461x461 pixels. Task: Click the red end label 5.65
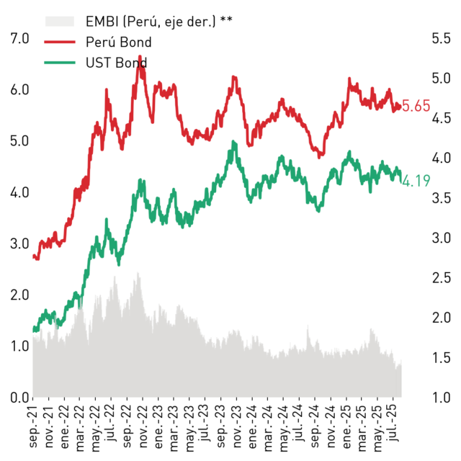416,106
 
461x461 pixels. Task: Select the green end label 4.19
416,181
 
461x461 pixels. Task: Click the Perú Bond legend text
118,42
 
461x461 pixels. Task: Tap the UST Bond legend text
117,63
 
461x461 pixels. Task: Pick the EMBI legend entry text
158,21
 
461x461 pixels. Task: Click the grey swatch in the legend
60,22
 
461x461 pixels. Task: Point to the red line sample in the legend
60,42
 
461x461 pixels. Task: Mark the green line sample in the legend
60,63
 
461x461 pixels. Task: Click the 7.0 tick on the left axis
19,38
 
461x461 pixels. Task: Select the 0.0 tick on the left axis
19,398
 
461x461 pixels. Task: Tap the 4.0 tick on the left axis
19,192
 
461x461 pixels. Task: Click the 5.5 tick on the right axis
441,38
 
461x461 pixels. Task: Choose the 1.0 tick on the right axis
441,398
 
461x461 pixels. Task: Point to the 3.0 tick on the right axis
441,238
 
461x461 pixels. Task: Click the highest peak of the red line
140,56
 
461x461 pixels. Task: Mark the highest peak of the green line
233,141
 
